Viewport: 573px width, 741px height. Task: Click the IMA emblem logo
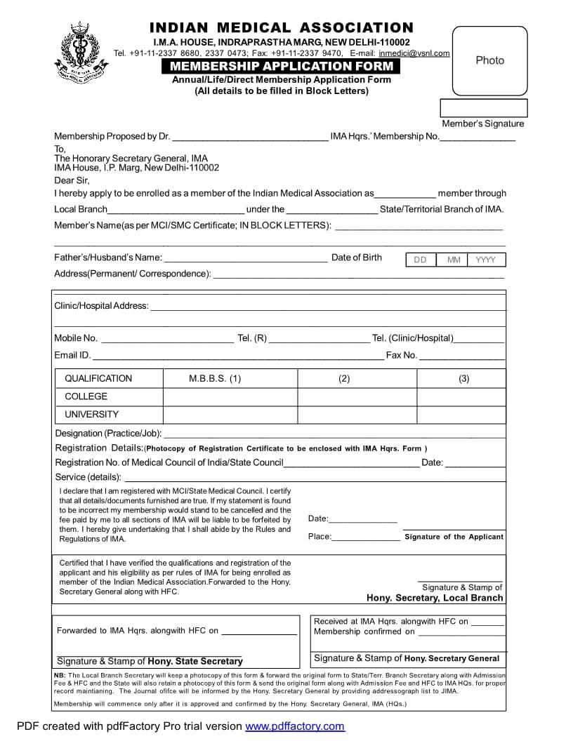[81, 52]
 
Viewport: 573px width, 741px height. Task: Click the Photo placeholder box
[489, 60]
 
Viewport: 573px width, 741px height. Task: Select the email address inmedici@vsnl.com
[414, 53]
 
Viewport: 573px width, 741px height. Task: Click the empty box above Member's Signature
[483, 108]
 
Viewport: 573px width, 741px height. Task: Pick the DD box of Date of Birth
[420, 260]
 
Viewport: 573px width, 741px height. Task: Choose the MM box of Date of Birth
[454, 260]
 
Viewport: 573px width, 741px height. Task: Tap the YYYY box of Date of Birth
[486, 260]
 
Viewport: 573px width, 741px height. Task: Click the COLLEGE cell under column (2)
[357, 396]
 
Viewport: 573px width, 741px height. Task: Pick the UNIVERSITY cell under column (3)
[461, 415]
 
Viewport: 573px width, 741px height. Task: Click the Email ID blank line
[238, 356]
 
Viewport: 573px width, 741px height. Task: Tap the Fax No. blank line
[462, 356]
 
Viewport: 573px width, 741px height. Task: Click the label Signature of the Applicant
[454, 537]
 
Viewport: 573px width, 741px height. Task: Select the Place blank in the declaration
[366, 538]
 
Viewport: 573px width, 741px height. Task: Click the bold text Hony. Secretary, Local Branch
[435, 598]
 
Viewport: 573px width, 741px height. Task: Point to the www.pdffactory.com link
[295, 726]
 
